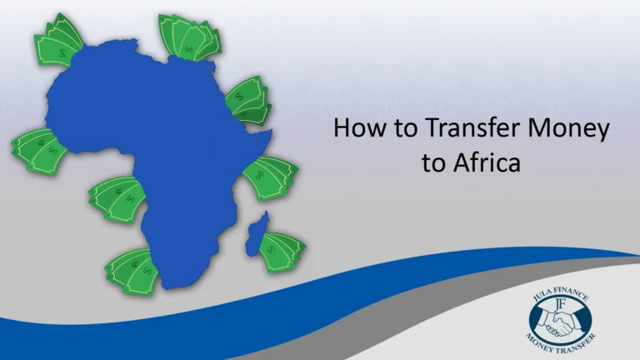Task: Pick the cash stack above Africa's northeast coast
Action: point(190,35)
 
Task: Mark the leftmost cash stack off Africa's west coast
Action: point(38,151)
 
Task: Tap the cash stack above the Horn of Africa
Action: point(247,100)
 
